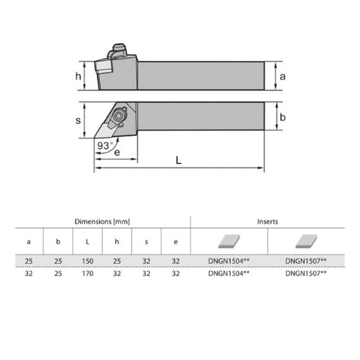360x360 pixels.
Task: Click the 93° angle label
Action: pyautogui.click(x=105, y=145)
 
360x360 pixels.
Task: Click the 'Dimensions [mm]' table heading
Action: pyautogui.click(x=103, y=221)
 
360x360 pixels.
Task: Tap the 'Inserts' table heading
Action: pyautogui.click(x=267, y=221)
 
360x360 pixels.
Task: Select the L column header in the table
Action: pyautogui.click(x=87, y=241)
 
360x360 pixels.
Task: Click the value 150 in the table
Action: pyautogui.click(x=87, y=261)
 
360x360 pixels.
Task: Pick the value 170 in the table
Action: pyautogui.click(x=87, y=273)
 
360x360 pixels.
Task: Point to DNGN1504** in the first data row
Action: pyautogui.click(x=229, y=261)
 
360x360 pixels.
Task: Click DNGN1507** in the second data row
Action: pyautogui.click(x=306, y=273)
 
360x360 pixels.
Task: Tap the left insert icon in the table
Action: pyautogui.click(x=228, y=240)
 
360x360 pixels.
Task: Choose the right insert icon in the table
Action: pyautogui.click(x=306, y=240)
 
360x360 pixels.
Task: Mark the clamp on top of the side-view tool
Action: pyautogui.click(x=118, y=53)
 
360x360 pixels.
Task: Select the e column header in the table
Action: pyautogui.click(x=176, y=241)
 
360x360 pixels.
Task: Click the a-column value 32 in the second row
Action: pyautogui.click(x=29, y=273)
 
